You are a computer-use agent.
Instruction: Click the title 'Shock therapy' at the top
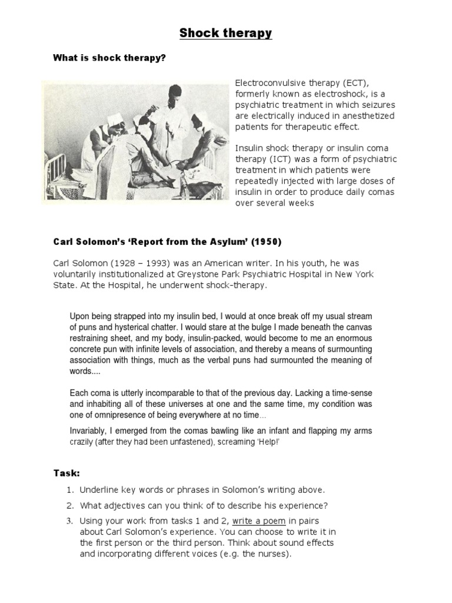[226, 33]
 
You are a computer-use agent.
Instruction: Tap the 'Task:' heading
[67, 473]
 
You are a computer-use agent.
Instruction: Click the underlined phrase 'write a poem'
[259, 521]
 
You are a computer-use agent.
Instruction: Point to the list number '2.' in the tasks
[69, 505]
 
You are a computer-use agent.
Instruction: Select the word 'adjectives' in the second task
[128, 505]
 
